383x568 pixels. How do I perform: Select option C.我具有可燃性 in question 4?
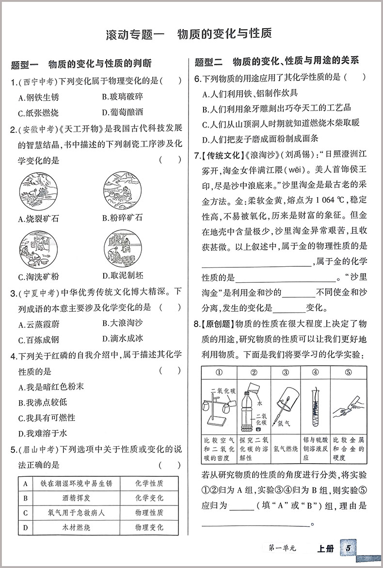pyautogui.click(x=47, y=417)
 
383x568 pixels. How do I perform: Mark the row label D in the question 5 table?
pyautogui.click(x=24, y=527)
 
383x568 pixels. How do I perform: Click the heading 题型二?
pyautogui.click(x=207, y=62)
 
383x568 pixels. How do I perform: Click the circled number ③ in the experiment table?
pyautogui.click(x=285, y=373)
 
